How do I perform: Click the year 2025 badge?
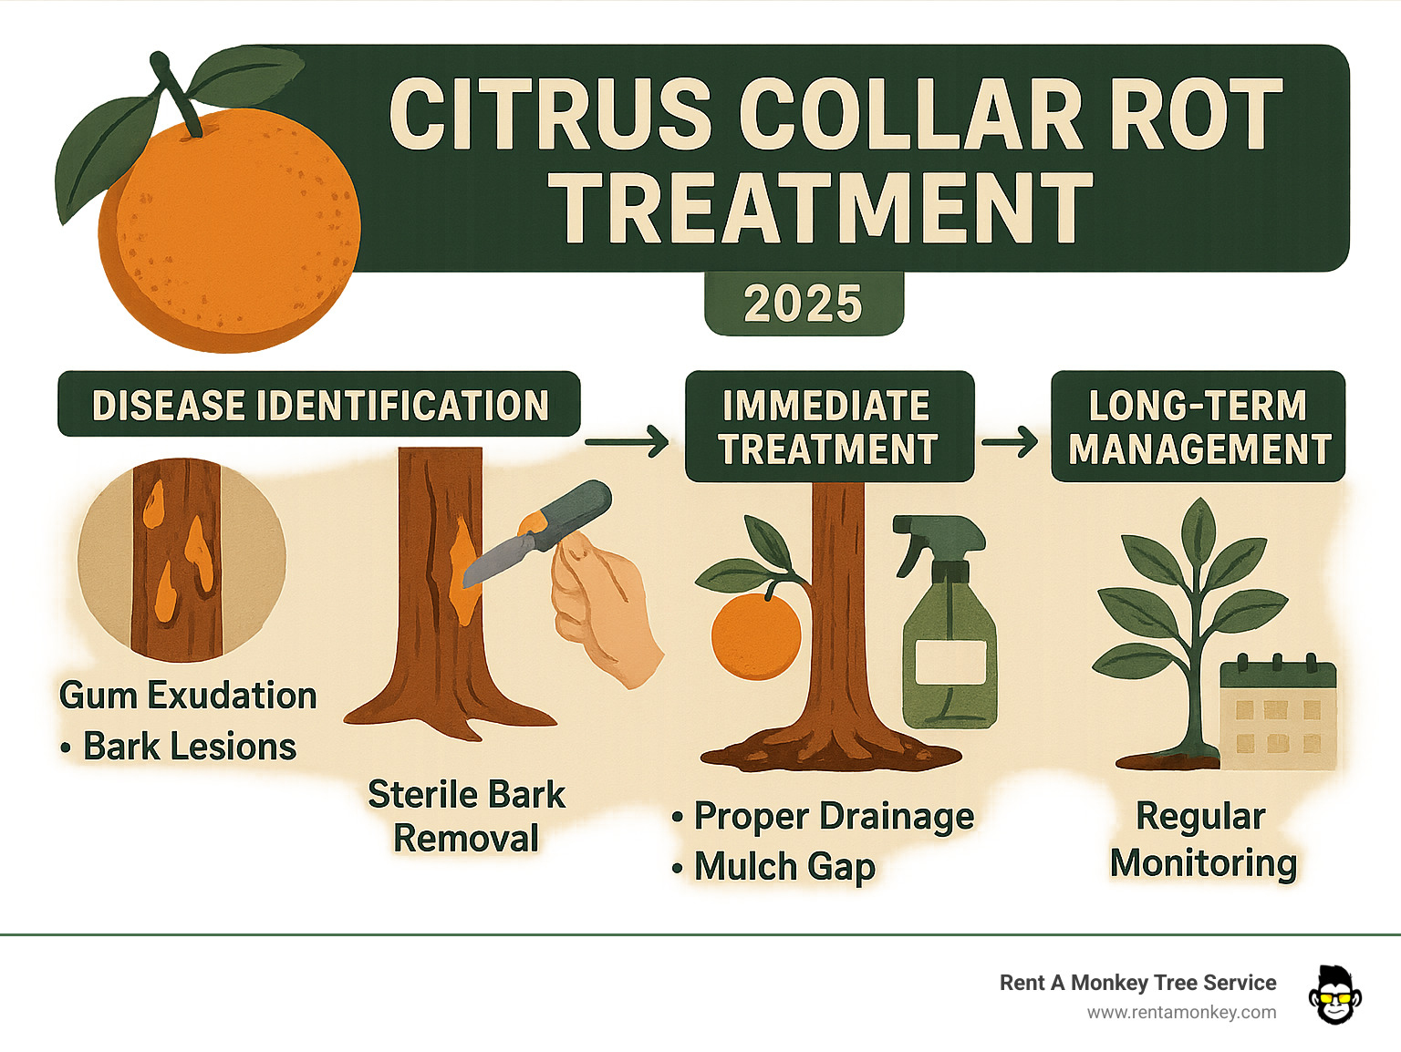(x=804, y=304)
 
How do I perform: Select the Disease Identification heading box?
(x=319, y=405)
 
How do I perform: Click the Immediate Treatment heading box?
(x=828, y=427)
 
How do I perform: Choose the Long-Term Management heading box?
(x=1198, y=427)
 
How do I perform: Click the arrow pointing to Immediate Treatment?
(x=628, y=443)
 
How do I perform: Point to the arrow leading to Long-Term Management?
(x=1010, y=443)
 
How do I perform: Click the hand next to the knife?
(x=603, y=606)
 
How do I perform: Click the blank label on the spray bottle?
(x=950, y=662)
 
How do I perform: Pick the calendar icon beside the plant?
(x=1278, y=713)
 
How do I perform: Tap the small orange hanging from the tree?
(x=755, y=635)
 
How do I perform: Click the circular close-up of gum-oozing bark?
(x=182, y=558)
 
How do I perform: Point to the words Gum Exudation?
(x=188, y=696)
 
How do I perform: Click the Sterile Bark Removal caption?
(x=466, y=816)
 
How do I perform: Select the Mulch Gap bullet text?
(x=784, y=866)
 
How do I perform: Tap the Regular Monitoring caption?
(x=1202, y=840)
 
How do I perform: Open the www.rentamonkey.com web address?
(x=1181, y=1012)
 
